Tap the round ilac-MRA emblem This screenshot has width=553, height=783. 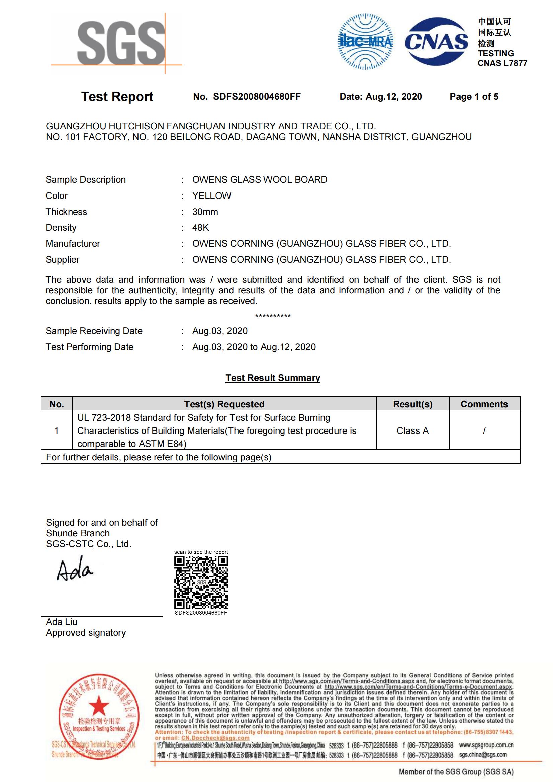tap(365, 42)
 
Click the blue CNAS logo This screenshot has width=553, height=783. tap(437, 42)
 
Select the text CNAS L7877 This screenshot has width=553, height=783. tap(502, 63)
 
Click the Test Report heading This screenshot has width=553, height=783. tap(117, 97)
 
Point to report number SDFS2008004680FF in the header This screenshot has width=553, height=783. tap(257, 97)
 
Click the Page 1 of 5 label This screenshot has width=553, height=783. tap(474, 97)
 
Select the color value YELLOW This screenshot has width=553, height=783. tap(211, 196)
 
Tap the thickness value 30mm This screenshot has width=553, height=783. tap(205, 212)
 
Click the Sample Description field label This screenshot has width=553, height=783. tap(86, 180)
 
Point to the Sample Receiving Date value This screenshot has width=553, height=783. tap(220, 331)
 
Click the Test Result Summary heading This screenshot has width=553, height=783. tap(273, 378)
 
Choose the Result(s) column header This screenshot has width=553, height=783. tap(412, 404)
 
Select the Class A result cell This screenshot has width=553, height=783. tap(412, 431)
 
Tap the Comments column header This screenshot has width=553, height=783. tap(484, 404)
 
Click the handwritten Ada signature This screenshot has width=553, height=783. tap(75, 569)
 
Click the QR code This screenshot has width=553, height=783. tap(201, 582)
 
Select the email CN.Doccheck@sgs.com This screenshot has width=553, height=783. tap(215, 738)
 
